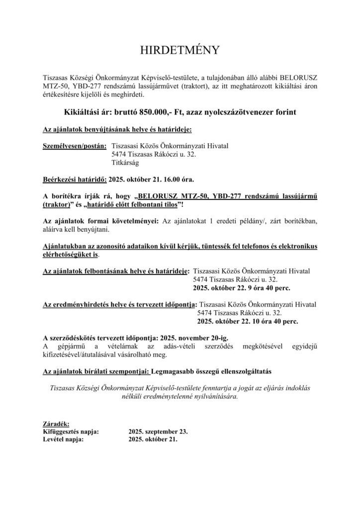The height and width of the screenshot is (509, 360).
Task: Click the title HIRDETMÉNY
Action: [x=180, y=51]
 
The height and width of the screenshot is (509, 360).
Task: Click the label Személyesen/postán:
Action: [x=75, y=146]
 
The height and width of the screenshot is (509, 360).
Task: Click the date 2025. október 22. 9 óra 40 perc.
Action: [x=241, y=288]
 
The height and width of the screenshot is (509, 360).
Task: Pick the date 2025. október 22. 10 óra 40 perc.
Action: [x=248, y=322]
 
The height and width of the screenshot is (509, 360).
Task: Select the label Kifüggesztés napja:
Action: [x=71, y=431]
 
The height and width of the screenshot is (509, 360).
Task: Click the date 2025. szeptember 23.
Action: [x=158, y=431]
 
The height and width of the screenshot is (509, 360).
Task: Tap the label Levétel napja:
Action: [x=63, y=439]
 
